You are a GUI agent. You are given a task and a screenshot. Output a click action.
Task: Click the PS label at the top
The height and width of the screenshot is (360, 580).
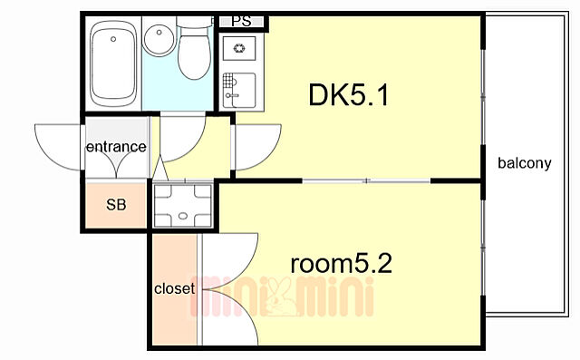tap(241, 21)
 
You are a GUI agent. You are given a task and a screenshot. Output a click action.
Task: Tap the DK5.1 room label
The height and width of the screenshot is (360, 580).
tap(349, 95)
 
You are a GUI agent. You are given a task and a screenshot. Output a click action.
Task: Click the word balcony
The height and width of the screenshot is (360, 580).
tap(525, 164)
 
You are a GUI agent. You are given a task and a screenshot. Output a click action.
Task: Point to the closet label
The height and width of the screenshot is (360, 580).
tap(174, 289)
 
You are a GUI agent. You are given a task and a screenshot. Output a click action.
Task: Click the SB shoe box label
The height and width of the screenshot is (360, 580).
tap(117, 204)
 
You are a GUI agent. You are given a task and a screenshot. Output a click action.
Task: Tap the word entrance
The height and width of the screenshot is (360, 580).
tap(116, 146)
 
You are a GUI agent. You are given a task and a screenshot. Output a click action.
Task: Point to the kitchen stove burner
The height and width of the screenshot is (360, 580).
tap(240, 49)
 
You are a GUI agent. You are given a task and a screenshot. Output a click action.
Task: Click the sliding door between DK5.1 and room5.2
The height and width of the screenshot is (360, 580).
tap(366, 181)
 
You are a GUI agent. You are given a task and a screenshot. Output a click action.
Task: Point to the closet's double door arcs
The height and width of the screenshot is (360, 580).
tap(228, 290)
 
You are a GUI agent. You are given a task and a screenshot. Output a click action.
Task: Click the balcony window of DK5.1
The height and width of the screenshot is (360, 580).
tap(482, 95)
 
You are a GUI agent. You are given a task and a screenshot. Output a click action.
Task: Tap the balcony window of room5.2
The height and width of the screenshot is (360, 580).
tap(482, 263)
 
